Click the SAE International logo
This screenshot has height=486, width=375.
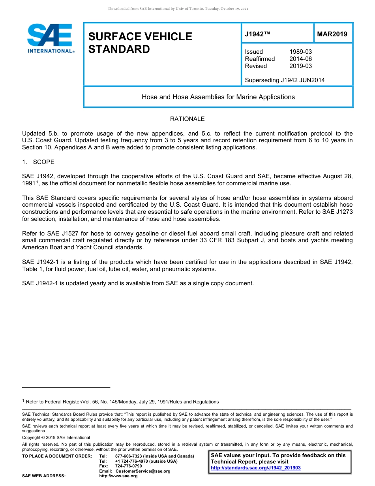[x=50, y=38]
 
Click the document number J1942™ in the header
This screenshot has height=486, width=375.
[x=257, y=34]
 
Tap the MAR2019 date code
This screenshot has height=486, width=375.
[x=332, y=34]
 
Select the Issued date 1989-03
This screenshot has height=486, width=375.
[x=300, y=52]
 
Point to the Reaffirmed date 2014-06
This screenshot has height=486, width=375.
[x=300, y=59]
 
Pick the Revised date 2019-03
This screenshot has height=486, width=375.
[x=300, y=66]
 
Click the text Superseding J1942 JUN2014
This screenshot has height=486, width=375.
[x=285, y=80]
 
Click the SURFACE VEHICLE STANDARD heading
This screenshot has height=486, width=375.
[x=140, y=43]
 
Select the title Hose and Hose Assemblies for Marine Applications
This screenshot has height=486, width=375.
[x=218, y=97]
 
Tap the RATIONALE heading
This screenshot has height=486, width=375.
[x=187, y=119]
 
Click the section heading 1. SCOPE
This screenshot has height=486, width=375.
[x=38, y=162]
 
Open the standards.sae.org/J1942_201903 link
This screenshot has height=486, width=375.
[x=256, y=468]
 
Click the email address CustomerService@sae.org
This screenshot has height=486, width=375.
[x=143, y=471]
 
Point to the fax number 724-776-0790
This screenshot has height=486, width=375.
[x=128, y=466]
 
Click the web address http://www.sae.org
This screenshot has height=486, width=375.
[x=126, y=476]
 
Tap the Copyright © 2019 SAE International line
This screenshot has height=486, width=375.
[x=56, y=437]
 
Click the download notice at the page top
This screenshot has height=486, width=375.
[x=178, y=9]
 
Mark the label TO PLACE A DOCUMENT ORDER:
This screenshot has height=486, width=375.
[x=57, y=456]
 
